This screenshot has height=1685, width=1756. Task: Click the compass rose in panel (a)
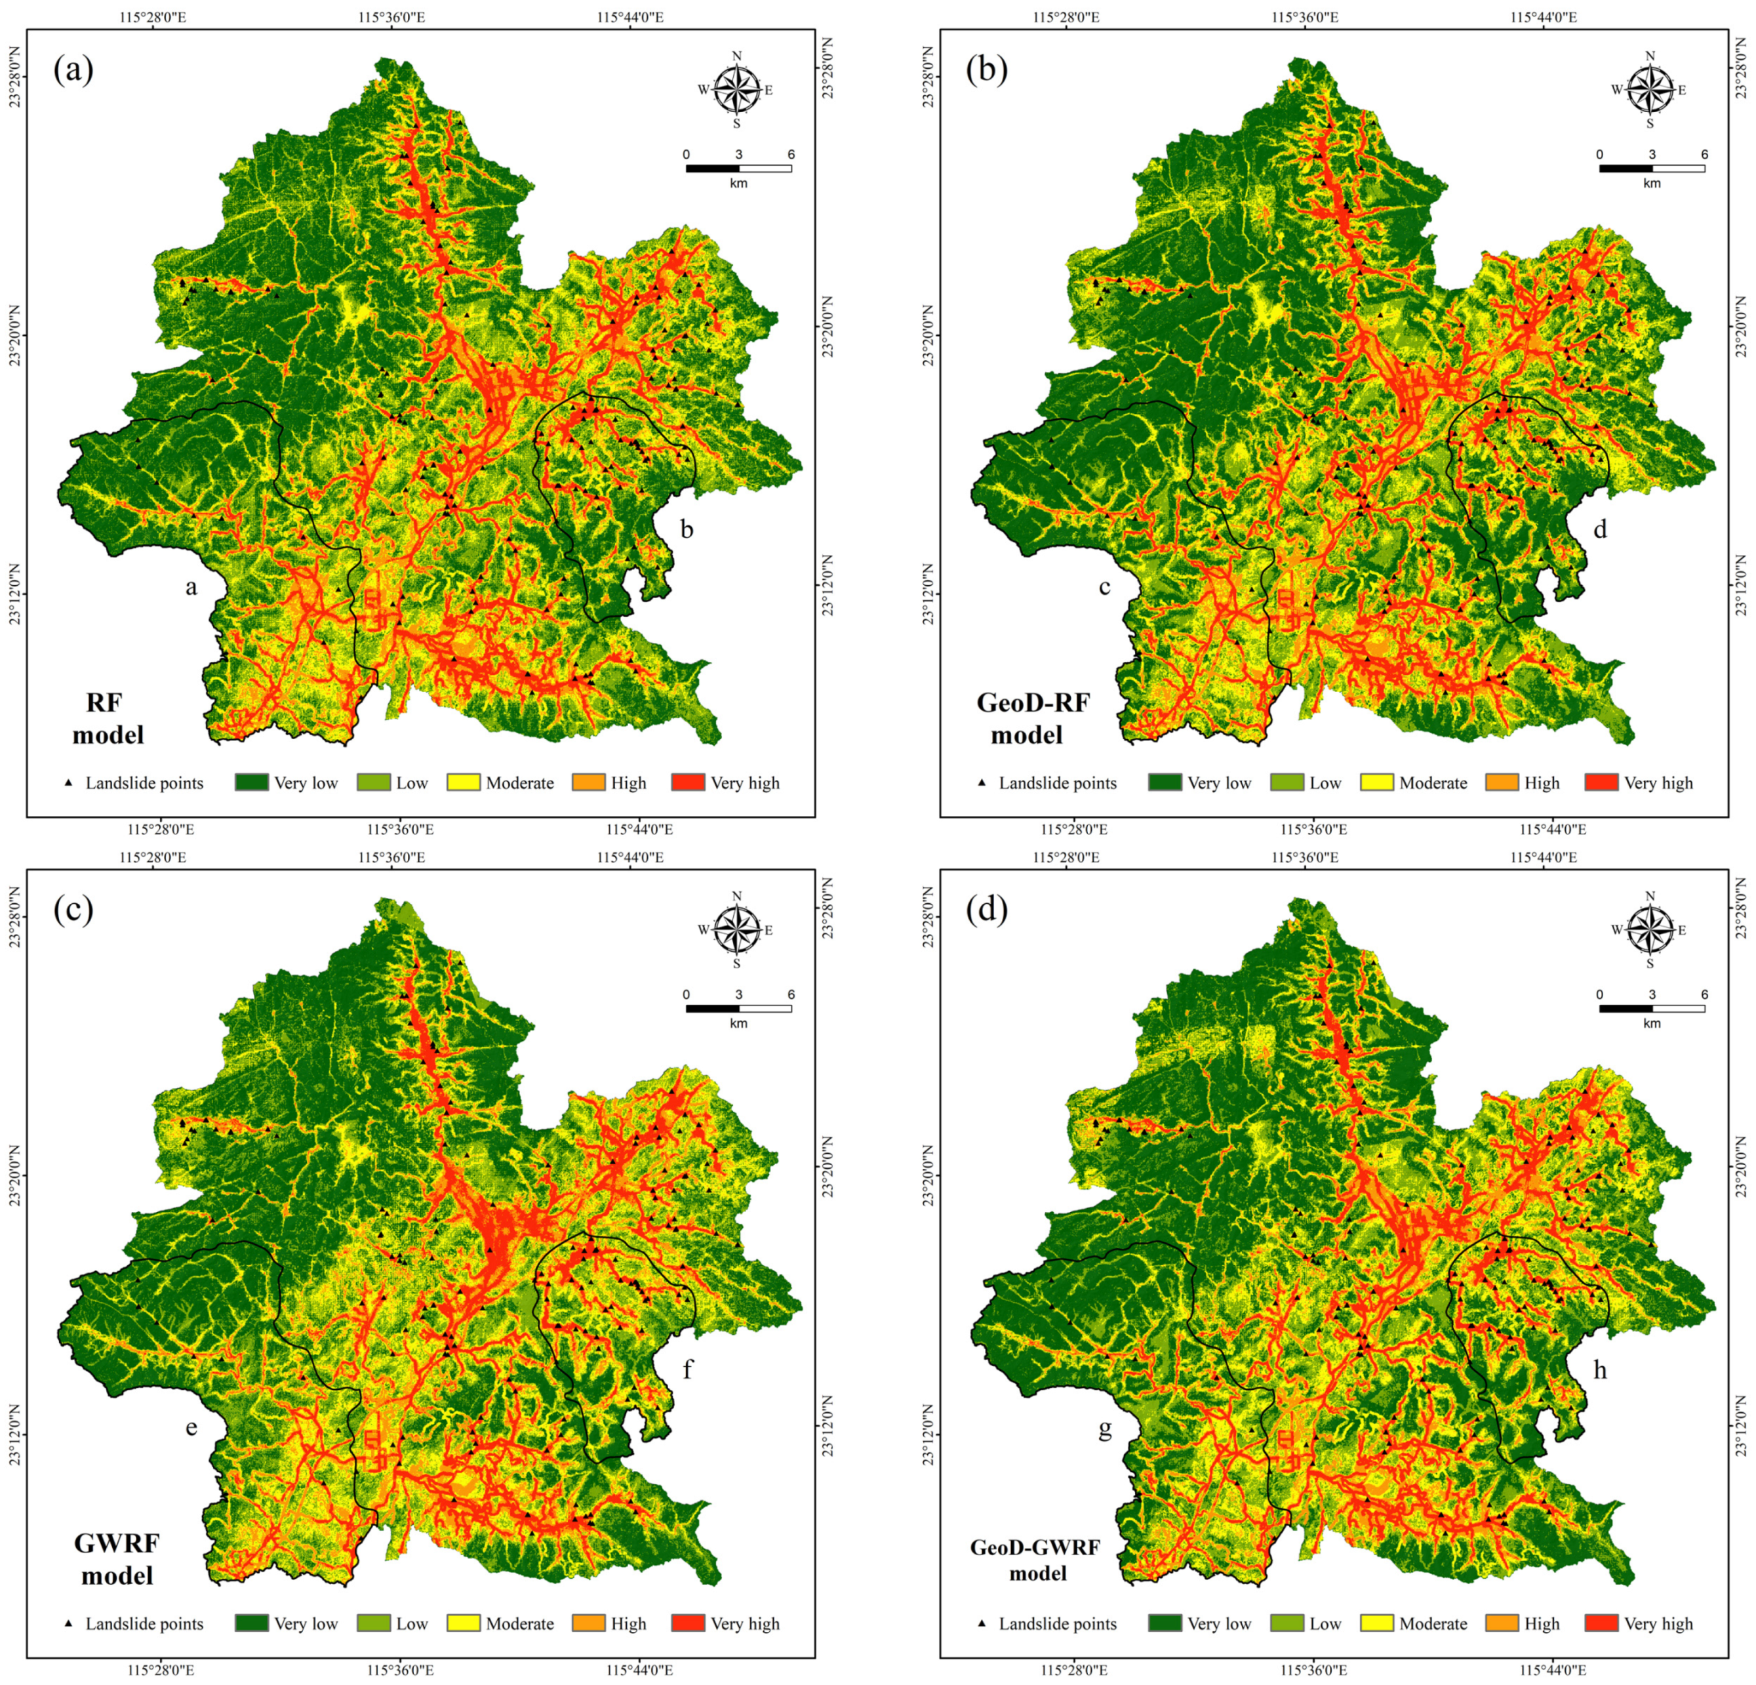(x=736, y=90)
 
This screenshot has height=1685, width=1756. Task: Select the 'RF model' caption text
(x=108, y=718)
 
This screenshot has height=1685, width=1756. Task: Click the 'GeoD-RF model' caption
(x=1032, y=718)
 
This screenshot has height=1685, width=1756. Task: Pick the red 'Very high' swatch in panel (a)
(x=687, y=782)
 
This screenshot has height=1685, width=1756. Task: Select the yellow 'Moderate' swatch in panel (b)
(x=1376, y=782)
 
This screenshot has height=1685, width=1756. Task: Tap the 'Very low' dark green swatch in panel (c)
(x=252, y=1623)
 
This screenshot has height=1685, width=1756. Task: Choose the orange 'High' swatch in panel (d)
(x=1502, y=1623)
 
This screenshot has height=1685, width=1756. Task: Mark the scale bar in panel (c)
(x=738, y=1008)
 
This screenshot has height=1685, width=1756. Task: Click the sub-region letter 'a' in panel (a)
(x=190, y=587)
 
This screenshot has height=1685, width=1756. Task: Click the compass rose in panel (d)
(x=1649, y=929)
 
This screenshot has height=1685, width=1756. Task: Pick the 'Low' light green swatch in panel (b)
(x=1287, y=782)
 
